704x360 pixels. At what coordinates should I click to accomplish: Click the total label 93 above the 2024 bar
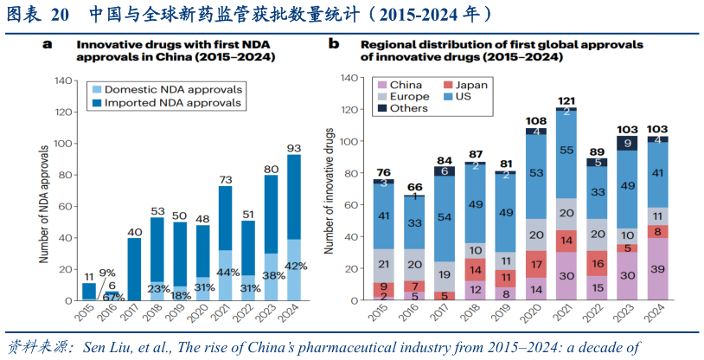tap(294, 148)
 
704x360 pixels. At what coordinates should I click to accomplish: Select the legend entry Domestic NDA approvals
tap(165, 89)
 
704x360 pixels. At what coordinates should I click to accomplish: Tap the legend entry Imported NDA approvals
tap(164, 103)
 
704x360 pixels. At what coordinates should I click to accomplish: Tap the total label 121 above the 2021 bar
tap(566, 101)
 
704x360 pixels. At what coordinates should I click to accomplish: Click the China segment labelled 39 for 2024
tap(658, 270)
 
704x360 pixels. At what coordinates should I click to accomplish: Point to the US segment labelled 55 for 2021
tap(566, 151)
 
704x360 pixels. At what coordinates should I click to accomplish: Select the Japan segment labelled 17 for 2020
tap(536, 265)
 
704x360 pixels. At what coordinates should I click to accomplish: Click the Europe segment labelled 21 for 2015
tap(383, 265)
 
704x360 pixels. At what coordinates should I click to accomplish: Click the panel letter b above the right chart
tap(334, 44)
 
